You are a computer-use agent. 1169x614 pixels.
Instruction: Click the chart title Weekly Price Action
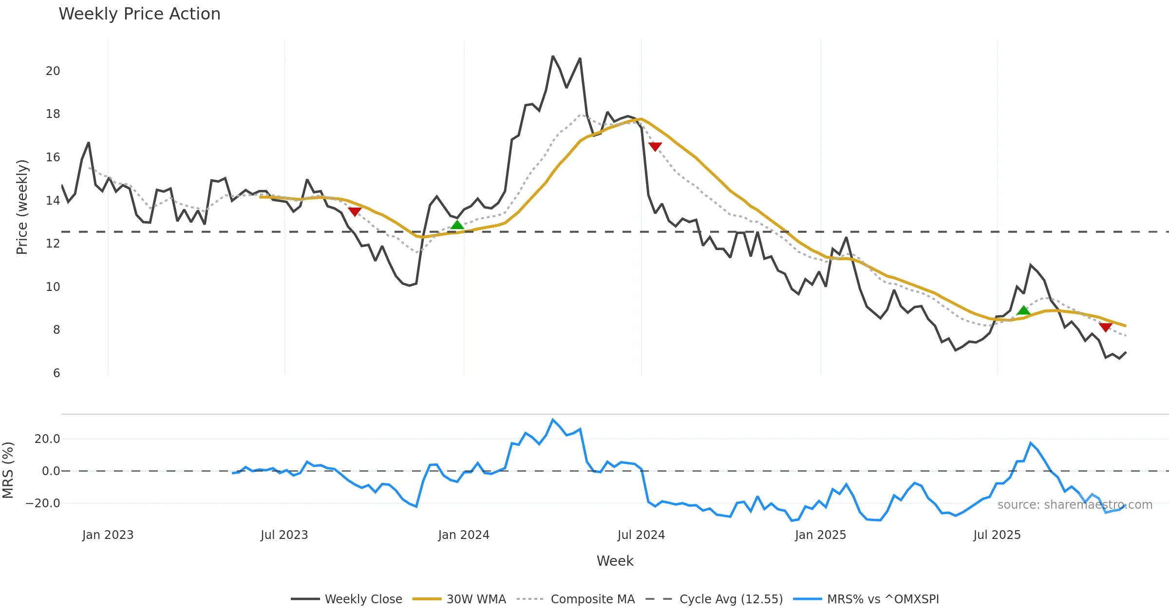[139, 14]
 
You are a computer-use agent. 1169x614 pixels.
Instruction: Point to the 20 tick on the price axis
[53, 71]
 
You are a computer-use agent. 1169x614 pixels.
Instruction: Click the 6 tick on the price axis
[57, 373]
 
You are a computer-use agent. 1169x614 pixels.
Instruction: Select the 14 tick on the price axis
[53, 200]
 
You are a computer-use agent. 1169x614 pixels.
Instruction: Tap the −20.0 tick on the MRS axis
[43, 503]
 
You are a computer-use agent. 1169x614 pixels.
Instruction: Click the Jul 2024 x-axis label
[641, 535]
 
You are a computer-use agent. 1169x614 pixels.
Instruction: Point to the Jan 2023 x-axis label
[108, 535]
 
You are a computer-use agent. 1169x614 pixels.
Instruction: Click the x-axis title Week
[615, 561]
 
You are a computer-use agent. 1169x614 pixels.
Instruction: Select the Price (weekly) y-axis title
[22, 207]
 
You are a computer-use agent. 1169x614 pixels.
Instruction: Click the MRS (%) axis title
[8, 470]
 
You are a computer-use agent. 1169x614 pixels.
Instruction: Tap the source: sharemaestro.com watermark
[1075, 505]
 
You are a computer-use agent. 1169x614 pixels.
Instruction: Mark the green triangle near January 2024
[457, 225]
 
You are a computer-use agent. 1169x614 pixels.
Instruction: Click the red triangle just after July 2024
[655, 146]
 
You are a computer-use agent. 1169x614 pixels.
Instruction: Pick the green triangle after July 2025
[1023, 310]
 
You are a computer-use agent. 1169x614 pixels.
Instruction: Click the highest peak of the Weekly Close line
[553, 57]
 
